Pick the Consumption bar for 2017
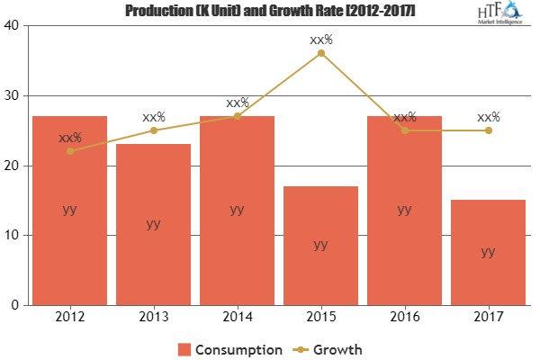click(x=488, y=253)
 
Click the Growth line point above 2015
click(x=321, y=53)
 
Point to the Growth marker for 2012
click(x=69, y=151)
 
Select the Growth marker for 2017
click(x=488, y=130)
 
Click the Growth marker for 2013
click(x=153, y=130)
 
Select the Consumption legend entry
click(x=229, y=347)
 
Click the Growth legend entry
click(x=328, y=347)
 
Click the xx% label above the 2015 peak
click(x=321, y=40)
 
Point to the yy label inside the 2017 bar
click(x=488, y=252)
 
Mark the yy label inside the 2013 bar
click(x=153, y=224)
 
